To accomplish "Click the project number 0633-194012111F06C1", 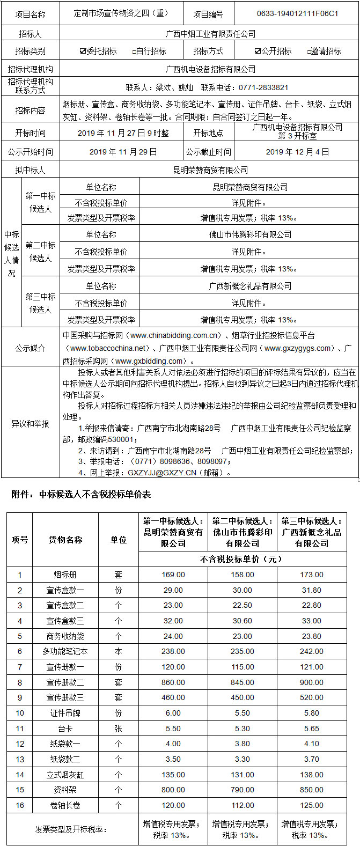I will tap(297, 14).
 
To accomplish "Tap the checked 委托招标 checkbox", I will tap(83, 52).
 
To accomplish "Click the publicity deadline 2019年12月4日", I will tap(297, 152).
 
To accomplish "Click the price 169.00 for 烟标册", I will tap(173, 575).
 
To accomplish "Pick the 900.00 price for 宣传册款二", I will tap(312, 683).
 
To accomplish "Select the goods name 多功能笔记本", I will tap(65, 652).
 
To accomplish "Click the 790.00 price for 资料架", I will tap(243, 790).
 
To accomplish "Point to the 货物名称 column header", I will tap(65, 540).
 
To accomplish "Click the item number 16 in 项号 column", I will tap(20, 805).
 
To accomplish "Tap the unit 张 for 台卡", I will tap(118, 729).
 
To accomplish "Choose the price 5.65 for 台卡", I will tap(312, 729).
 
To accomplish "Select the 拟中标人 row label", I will tap(31, 171).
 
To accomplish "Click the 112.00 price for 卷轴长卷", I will tap(243, 805).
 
